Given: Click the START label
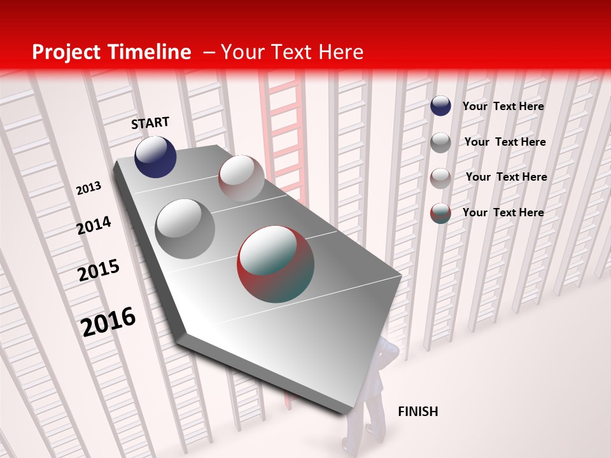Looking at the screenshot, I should (150, 123).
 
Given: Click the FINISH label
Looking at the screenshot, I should (418, 412).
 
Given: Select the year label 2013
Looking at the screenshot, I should (88, 188).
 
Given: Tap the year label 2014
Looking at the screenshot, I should (94, 225).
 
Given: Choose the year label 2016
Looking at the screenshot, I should (108, 321).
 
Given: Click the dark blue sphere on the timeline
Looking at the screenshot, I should (155, 157).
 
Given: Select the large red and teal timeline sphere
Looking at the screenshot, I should (276, 263).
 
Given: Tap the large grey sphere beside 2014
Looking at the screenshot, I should (185, 229).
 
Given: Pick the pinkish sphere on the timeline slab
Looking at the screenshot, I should (241, 178).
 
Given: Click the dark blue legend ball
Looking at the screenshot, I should (440, 106).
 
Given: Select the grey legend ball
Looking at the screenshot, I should (440, 142).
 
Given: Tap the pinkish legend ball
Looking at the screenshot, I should (440, 178).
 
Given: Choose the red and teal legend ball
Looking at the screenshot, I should (440, 213).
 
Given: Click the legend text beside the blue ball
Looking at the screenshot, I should (503, 106).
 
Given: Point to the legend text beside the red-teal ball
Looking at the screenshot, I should (503, 212).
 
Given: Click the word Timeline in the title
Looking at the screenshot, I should (152, 52).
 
